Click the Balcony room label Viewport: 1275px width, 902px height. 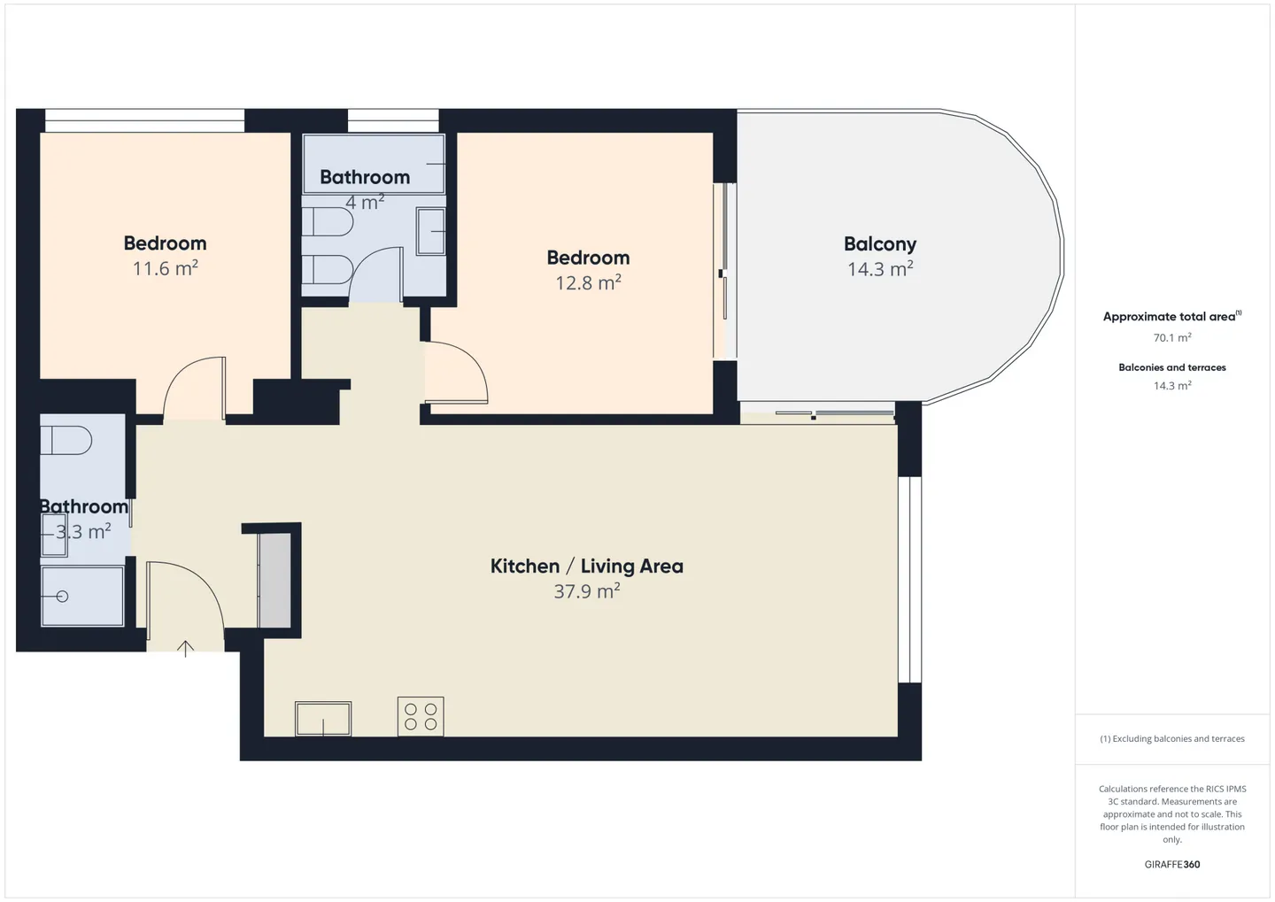880,244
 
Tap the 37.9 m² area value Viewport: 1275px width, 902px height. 587,591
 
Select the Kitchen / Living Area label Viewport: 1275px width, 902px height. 587,567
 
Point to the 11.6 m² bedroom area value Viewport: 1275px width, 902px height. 165,268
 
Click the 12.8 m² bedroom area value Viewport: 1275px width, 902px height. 588,283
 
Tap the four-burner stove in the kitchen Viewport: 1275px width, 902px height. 421,716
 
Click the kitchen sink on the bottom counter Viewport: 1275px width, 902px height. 323,718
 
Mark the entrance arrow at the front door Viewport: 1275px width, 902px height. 186,650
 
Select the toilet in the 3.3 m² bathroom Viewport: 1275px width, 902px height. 66,440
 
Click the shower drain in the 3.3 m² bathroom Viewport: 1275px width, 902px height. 63,597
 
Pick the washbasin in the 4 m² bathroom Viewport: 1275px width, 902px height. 431,231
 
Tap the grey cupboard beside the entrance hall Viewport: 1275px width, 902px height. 274,581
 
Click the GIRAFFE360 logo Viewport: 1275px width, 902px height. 1172,865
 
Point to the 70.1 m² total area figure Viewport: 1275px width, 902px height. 1172,337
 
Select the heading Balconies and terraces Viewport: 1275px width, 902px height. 1172,367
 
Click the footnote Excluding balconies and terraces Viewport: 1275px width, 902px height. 1172,738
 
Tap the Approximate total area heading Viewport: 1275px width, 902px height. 1172,316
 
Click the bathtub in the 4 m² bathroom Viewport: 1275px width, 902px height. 374,164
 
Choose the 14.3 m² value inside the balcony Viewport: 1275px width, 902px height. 880,269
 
